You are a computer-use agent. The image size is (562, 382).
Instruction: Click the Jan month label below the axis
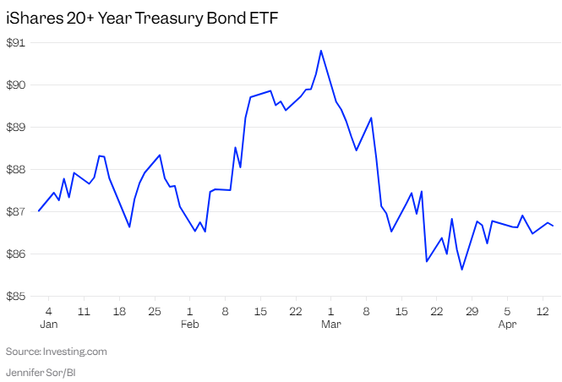point(49,324)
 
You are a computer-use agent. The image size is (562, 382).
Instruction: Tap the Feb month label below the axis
point(190,324)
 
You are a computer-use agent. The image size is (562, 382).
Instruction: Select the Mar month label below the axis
point(331,324)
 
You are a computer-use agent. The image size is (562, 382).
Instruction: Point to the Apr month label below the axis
point(507,324)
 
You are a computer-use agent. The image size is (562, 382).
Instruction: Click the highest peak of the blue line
point(321,51)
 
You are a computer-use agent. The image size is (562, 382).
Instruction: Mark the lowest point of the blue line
point(461,270)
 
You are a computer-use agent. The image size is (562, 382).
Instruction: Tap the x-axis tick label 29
point(472,309)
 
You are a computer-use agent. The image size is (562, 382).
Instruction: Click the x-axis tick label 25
point(155,309)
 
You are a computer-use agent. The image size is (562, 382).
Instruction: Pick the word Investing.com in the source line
point(78,351)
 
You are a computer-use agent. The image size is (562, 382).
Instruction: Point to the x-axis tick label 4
point(49,309)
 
